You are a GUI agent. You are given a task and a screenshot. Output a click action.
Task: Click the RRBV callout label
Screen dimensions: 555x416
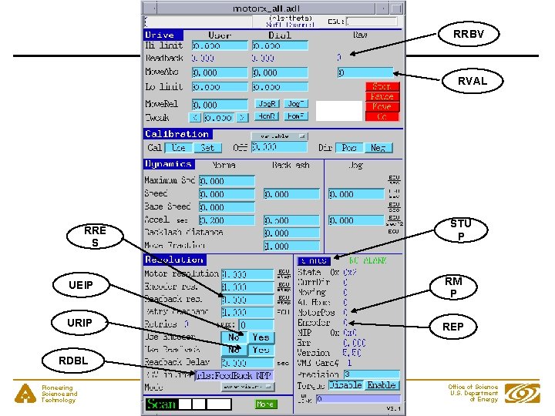pyautogui.click(x=469, y=34)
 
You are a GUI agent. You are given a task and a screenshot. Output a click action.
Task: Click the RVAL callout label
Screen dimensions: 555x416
pyautogui.click(x=473, y=80)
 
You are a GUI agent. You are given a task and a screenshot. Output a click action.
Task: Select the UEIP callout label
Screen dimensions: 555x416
pyautogui.click(x=81, y=286)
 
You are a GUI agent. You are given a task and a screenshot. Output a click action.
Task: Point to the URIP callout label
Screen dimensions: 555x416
pyautogui.click(x=81, y=322)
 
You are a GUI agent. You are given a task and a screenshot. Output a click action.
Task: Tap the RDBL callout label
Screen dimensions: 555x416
pyautogui.click(x=74, y=360)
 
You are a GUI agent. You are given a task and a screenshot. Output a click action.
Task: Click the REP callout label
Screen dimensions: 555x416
pyautogui.click(x=453, y=327)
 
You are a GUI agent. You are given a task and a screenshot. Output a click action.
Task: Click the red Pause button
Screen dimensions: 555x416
pyautogui.click(x=382, y=97)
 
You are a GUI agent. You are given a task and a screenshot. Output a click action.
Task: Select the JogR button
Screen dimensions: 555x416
pyautogui.click(x=267, y=104)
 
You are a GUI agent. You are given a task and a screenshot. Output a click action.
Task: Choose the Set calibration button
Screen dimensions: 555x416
pyautogui.click(x=207, y=147)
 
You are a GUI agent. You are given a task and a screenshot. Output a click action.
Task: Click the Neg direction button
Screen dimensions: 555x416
pyautogui.click(x=378, y=147)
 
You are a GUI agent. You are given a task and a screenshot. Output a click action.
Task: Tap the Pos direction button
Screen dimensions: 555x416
pyautogui.click(x=350, y=147)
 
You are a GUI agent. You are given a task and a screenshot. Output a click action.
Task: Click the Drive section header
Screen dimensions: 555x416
pyautogui.click(x=160, y=35)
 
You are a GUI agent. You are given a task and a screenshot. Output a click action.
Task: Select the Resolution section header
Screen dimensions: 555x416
pyautogui.click(x=174, y=260)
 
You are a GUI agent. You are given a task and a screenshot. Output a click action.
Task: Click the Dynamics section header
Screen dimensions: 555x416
pyautogui.click(x=168, y=164)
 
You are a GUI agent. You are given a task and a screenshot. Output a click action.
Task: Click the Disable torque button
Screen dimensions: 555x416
pyautogui.click(x=345, y=384)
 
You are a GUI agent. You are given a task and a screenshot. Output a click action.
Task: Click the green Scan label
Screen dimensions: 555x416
pyautogui.click(x=161, y=404)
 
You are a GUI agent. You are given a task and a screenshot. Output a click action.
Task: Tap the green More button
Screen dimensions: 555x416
pyautogui.click(x=265, y=404)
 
